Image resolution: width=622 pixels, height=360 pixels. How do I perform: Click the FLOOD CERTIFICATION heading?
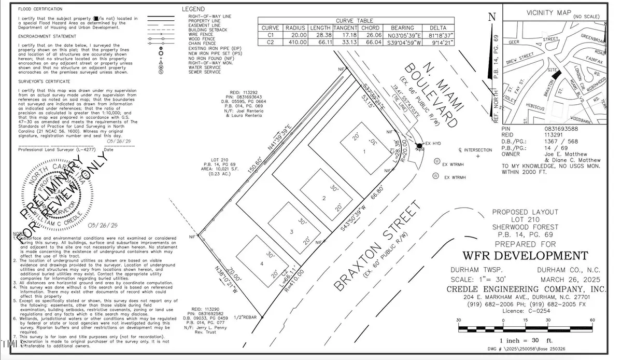tap(40, 9)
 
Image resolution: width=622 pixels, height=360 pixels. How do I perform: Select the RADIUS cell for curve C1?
tap(295, 35)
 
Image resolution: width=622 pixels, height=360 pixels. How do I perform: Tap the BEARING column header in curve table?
tap(402, 27)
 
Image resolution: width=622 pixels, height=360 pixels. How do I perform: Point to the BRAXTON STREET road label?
tap(377, 247)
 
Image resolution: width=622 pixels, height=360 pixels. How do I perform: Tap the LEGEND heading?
tap(193, 9)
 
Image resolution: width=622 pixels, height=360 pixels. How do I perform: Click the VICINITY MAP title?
tap(548, 12)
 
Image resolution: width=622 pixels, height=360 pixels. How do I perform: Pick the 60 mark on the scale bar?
tap(592, 321)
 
